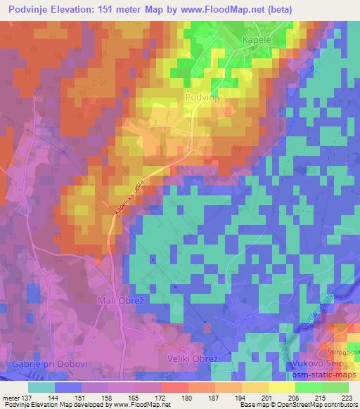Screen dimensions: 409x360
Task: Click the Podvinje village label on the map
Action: click(204, 98)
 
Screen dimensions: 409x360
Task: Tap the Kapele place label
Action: click(257, 41)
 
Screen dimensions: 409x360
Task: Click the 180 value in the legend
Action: click(188, 397)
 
